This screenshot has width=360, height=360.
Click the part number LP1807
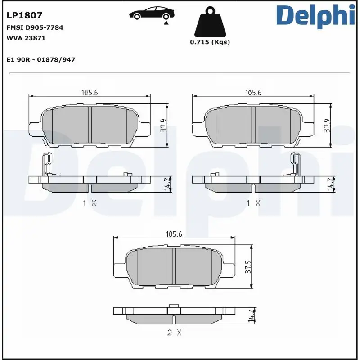pyautogui.click(x=24, y=15)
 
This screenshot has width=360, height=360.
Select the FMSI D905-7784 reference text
pyautogui.click(x=35, y=27)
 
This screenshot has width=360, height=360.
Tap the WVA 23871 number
pyautogui.click(x=26, y=38)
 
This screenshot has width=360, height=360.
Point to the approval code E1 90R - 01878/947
pyautogui.click(x=41, y=59)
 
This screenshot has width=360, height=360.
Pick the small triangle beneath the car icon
pyautogui.click(x=166, y=22)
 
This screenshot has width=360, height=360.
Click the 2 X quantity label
pyautogui.click(x=174, y=333)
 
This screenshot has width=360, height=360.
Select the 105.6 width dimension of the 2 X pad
pyautogui.click(x=174, y=234)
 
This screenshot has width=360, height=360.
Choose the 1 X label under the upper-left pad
pyautogui.click(x=90, y=203)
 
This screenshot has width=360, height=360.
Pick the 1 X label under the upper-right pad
pyautogui.click(x=253, y=203)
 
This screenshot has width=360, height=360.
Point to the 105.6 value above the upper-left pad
pyautogui.click(x=90, y=93)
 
